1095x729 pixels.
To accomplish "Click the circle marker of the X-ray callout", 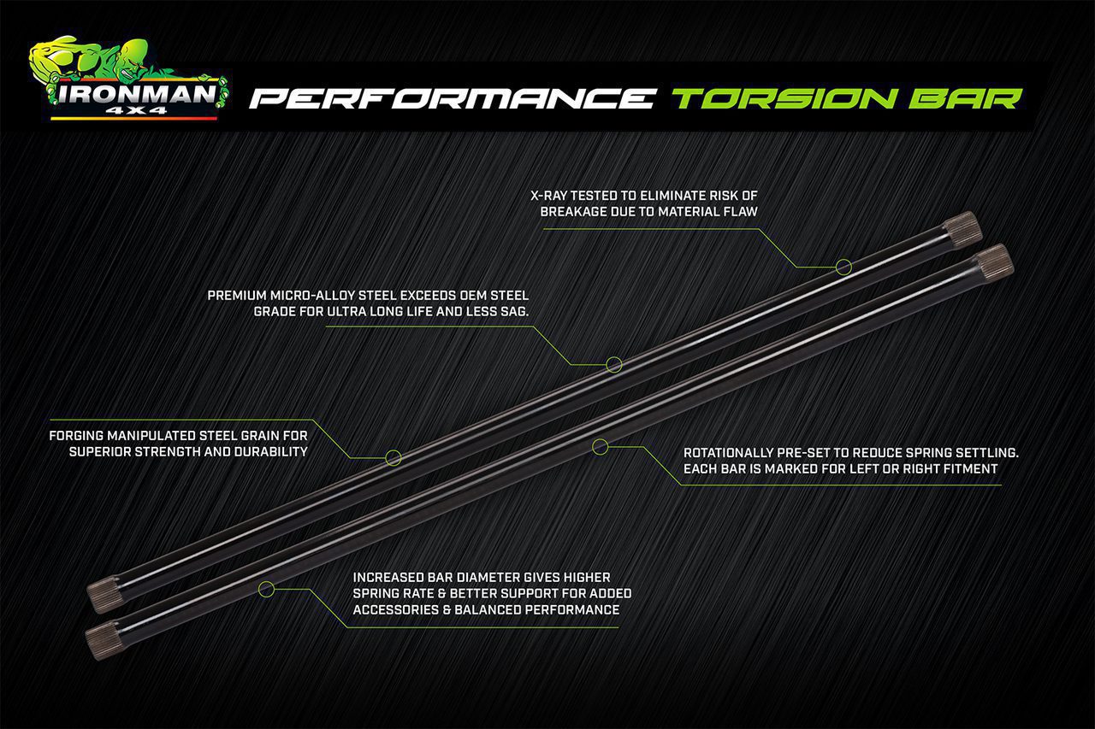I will click(843, 267).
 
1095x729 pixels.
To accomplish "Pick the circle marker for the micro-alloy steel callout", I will click(613, 364).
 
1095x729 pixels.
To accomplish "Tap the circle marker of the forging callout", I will click(394, 457).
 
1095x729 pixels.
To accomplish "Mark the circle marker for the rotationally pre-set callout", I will click(600, 445).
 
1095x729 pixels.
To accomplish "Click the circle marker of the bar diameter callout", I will click(266, 588).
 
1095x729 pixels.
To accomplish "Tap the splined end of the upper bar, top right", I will click(963, 229).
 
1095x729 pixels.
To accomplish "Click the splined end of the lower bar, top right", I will click(994, 260).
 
